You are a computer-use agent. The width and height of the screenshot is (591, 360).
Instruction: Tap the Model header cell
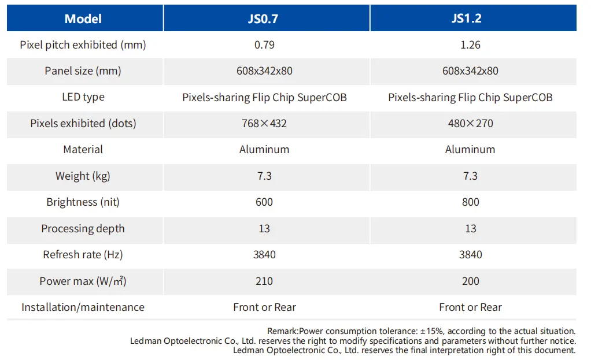[x=83, y=18]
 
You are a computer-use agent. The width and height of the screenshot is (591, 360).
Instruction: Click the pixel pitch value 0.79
[x=264, y=45]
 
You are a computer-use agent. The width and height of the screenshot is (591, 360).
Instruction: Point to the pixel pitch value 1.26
[x=470, y=45]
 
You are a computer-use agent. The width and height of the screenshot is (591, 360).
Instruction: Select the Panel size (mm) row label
[x=83, y=71]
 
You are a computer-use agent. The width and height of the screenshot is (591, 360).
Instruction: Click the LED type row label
[x=83, y=97]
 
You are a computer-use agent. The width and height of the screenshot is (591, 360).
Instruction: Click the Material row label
[x=83, y=150]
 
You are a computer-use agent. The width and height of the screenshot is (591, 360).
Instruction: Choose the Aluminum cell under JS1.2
[x=470, y=150]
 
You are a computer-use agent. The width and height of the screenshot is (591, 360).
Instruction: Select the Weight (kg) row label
[x=83, y=176]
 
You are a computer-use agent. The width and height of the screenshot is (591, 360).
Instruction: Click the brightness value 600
[x=264, y=202]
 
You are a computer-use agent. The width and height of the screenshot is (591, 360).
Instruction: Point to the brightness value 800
[x=470, y=202]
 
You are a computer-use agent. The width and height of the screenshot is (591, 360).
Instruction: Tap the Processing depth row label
[x=83, y=229]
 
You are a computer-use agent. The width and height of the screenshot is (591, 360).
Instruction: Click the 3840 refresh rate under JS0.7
[x=264, y=255]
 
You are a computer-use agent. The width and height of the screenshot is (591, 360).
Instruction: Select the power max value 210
[x=264, y=281]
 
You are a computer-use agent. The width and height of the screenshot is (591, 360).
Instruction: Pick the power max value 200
[x=470, y=281]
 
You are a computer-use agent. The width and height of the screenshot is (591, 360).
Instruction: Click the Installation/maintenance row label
[x=83, y=307]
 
